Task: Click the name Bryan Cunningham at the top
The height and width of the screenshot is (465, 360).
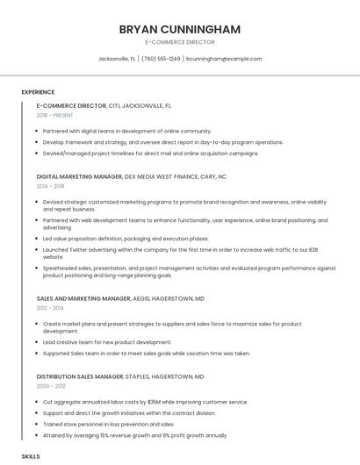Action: pyautogui.click(x=179, y=29)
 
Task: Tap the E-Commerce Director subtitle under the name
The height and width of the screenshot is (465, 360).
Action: pyautogui.click(x=179, y=42)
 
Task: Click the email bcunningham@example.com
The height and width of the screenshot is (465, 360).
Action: pyautogui.click(x=225, y=59)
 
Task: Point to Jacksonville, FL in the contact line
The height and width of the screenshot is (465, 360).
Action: pyautogui.click(x=117, y=59)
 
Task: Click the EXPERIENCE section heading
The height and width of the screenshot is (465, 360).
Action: pyautogui.click(x=38, y=92)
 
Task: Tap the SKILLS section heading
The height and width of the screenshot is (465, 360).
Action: pyautogui.click(x=31, y=457)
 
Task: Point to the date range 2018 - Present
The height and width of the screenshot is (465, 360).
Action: pyautogui.click(x=55, y=115)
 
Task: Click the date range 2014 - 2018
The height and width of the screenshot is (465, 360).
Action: pyautogui.click(x=51, y=186)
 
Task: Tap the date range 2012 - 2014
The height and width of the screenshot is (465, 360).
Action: pyautogui.click(x=51, y=308)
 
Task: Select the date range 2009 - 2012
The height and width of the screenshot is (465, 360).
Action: pyautogui.click(x=51, y=386)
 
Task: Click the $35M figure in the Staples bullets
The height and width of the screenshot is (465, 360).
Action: pyautogui.click(x=152, y=402)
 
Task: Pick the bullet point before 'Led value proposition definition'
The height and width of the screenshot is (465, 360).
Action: pyautogui.click(x=38, y=238)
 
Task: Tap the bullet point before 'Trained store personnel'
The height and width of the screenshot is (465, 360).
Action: pyautogui.click(x=38, y=424)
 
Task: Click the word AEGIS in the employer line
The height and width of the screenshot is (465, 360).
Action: pyautogui.click(x=141, y=298)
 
